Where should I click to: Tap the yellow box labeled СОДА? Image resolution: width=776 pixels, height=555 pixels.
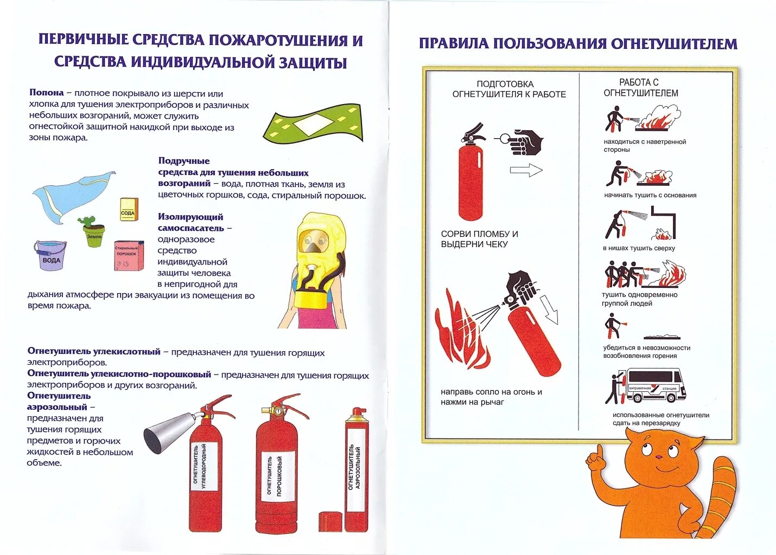click(x=129, y=210)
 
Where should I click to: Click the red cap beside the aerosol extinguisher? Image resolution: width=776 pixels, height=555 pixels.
click(x=330, y=522)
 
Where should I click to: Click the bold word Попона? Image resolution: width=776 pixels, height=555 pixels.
click(x=47, y=93)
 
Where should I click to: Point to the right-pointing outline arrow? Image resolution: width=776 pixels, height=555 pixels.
click(x=526, y=171)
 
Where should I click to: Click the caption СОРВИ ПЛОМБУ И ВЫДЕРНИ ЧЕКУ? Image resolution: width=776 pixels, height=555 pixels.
click(x=479, y=239)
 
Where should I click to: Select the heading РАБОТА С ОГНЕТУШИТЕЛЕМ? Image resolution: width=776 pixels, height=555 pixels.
click(x=640, y=88)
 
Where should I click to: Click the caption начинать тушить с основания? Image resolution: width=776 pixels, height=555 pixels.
click(x=650, y=195)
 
